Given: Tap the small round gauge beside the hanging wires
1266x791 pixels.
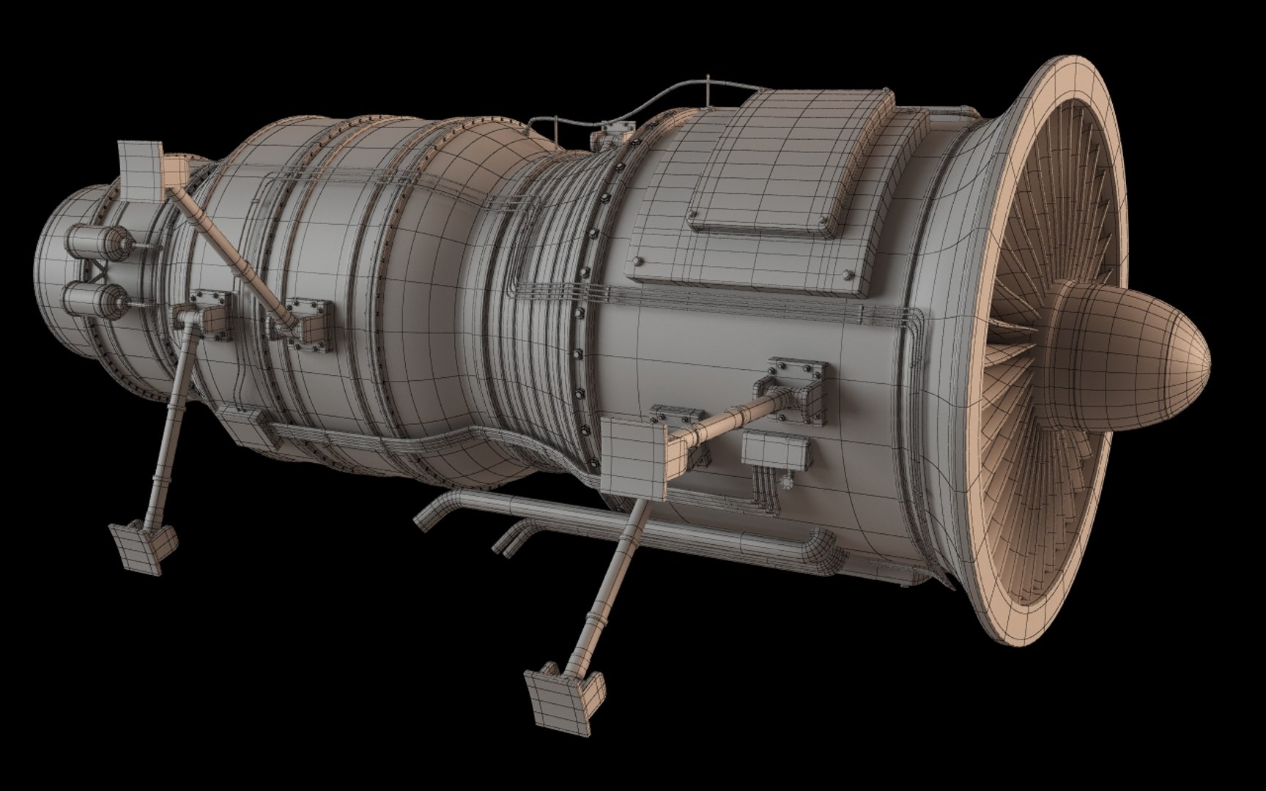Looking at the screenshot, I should (x=788, y=482).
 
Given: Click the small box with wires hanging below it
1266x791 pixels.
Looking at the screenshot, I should (x=776, y=450).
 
